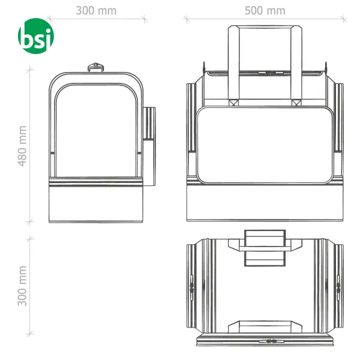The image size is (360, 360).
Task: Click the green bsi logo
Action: pyautogui.click(x=36, y=36)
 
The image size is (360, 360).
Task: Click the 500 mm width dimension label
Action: pyautogui.click(x=265, y=11)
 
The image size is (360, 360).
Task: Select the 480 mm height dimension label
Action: pyautogui.click(x=23, y=146)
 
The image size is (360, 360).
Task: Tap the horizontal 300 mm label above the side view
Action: pyautogui.click(x=97, y=11)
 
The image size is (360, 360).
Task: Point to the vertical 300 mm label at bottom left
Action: pyautogui.click(x=23, y=286)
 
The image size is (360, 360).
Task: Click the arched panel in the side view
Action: pyautogui.click(x=96, y=129)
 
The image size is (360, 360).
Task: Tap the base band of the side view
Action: pyautogui.click(x=96, y=204)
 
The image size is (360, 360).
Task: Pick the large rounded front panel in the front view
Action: pyautogui.click(x=265, y=145)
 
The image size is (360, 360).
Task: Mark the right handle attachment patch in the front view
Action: pyautogui.click(x=295, y=103)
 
